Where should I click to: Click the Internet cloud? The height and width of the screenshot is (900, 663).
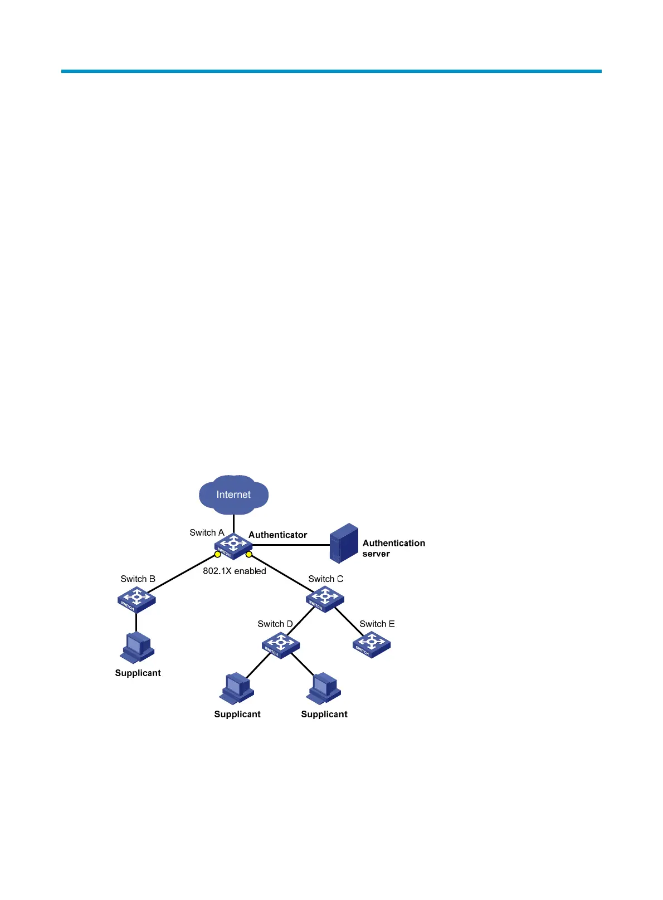(x=233, y=495)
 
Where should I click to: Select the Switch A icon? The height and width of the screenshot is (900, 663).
(x=233, y=545)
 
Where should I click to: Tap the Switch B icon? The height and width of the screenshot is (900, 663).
(x=136, y=599)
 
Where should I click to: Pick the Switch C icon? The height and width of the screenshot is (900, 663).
(x=325, y=599)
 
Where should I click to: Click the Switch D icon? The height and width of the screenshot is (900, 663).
(x=281, y=645)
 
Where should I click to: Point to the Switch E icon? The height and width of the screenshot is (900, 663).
(x=372, y=644)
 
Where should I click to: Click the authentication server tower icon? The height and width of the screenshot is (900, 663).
(x=344, y=543)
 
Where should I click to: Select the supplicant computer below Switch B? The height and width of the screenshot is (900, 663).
(x=136, y=648)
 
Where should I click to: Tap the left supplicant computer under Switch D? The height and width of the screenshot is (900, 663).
(x=237, y=689)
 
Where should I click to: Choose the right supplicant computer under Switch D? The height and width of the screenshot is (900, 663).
(x=324, y=689)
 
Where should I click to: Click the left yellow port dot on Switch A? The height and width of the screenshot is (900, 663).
(x=218, y=554)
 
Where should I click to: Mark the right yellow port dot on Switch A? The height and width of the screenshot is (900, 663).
(x=249, y=554)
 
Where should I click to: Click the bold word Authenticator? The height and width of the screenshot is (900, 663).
(x=277, y=535)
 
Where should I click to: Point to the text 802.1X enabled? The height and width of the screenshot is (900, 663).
(x=234, y=571)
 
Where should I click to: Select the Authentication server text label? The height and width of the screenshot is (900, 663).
(x=393, y=548)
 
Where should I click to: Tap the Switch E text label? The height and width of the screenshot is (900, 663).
(x=377, y=624)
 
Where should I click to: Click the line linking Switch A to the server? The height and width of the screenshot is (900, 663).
(x=290, y=545)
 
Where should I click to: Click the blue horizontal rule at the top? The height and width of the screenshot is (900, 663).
(x=331, y=71)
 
